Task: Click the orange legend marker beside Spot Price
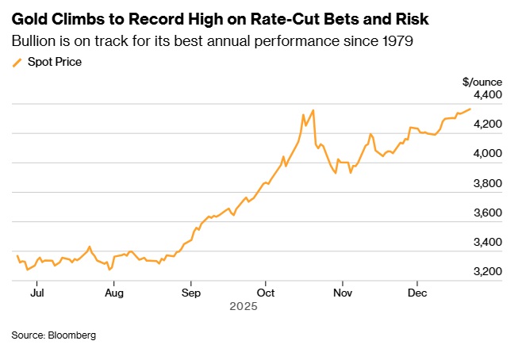(x=17, y=61)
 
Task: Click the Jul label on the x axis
(x=37, y=293)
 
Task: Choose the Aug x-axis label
(x=114, y=293)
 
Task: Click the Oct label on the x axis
(x=267, y=293)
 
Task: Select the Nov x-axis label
(x=342, y=293)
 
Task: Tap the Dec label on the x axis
(x=417, y=293)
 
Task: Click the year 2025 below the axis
(x=242, y=306)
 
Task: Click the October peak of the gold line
(x=313, y=110)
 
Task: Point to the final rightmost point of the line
(x=470, y=109)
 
